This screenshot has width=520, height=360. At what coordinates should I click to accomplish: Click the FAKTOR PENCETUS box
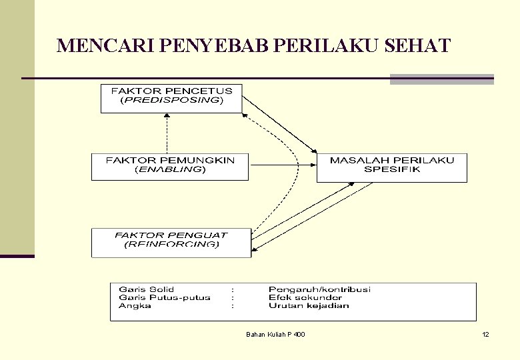pyautogui.click(x=171, y=98)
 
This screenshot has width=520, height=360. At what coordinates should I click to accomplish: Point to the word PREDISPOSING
pyautogui.click(x=171, y=101)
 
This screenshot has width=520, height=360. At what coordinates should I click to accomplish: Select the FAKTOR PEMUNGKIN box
pyautogui.click(x=170, y=167)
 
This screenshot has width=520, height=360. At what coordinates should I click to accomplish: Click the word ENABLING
pyautogui.click(x=170, y=170)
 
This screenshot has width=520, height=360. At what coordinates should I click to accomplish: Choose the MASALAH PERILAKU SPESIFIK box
pyautogui.click(x=392, y=167)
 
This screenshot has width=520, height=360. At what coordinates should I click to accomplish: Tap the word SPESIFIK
pyautogui.click(x=392, y=170)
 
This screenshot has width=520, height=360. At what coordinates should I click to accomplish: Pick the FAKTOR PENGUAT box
pyautogui.click(x=171, y=243)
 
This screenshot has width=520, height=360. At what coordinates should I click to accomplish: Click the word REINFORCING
pyautogui.click(x=171, y=245)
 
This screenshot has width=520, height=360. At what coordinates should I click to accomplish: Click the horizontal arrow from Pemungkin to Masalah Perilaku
pyautogui.click(x=282, y=163)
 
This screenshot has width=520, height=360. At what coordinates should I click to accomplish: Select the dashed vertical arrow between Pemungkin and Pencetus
pyautogui.click(x=167, y=133)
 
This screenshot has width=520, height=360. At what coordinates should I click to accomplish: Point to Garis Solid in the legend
pyautogui.click(x=146, y=289)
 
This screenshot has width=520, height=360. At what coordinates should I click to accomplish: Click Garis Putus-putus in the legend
pyautogui.click(x=164, y=297)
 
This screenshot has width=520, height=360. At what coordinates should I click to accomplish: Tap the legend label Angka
pyautogui.click(x=135, y=306)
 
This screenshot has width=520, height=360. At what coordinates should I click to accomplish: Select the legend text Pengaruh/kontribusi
pyautogui.click(x=319, y=289)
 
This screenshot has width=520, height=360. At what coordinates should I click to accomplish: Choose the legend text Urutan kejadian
pyautogui.click(x=309, y=306)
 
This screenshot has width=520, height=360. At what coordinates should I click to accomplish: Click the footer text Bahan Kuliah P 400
pyautogui.click(x=275, y=334)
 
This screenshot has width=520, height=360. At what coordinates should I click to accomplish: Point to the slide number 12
pyautogui.click(x=485, y=334)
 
